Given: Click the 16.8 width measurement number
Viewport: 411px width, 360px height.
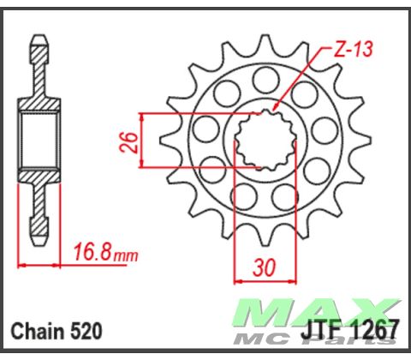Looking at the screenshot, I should [92, 253].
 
